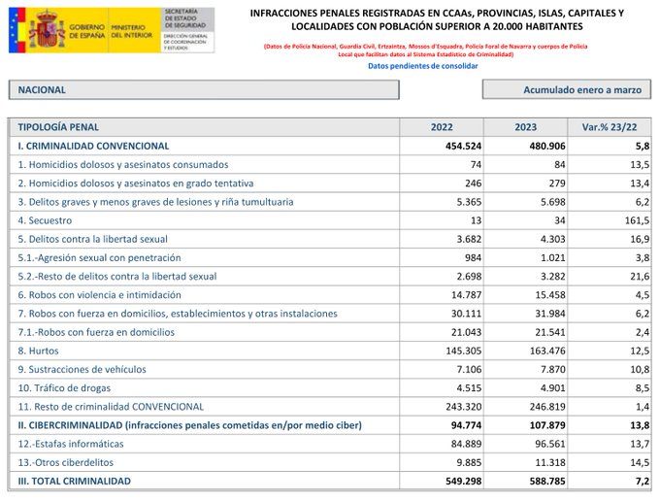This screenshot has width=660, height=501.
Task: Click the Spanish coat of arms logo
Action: [x=46, y=30]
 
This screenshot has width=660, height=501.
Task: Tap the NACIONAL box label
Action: [x=42, y=89]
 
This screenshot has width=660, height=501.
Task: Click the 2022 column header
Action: [x=442, y=127]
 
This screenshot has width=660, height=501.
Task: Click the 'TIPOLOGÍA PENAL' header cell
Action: [x=58, y=127]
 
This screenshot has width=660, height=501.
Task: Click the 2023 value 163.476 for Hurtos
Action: [x=544, y=351]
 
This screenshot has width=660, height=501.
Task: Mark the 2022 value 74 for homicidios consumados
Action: [x=476, y=165]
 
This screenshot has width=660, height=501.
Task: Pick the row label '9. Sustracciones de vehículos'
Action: [x=82, y=369]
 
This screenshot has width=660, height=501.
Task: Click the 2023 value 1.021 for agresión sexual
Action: [x=549, y=257]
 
